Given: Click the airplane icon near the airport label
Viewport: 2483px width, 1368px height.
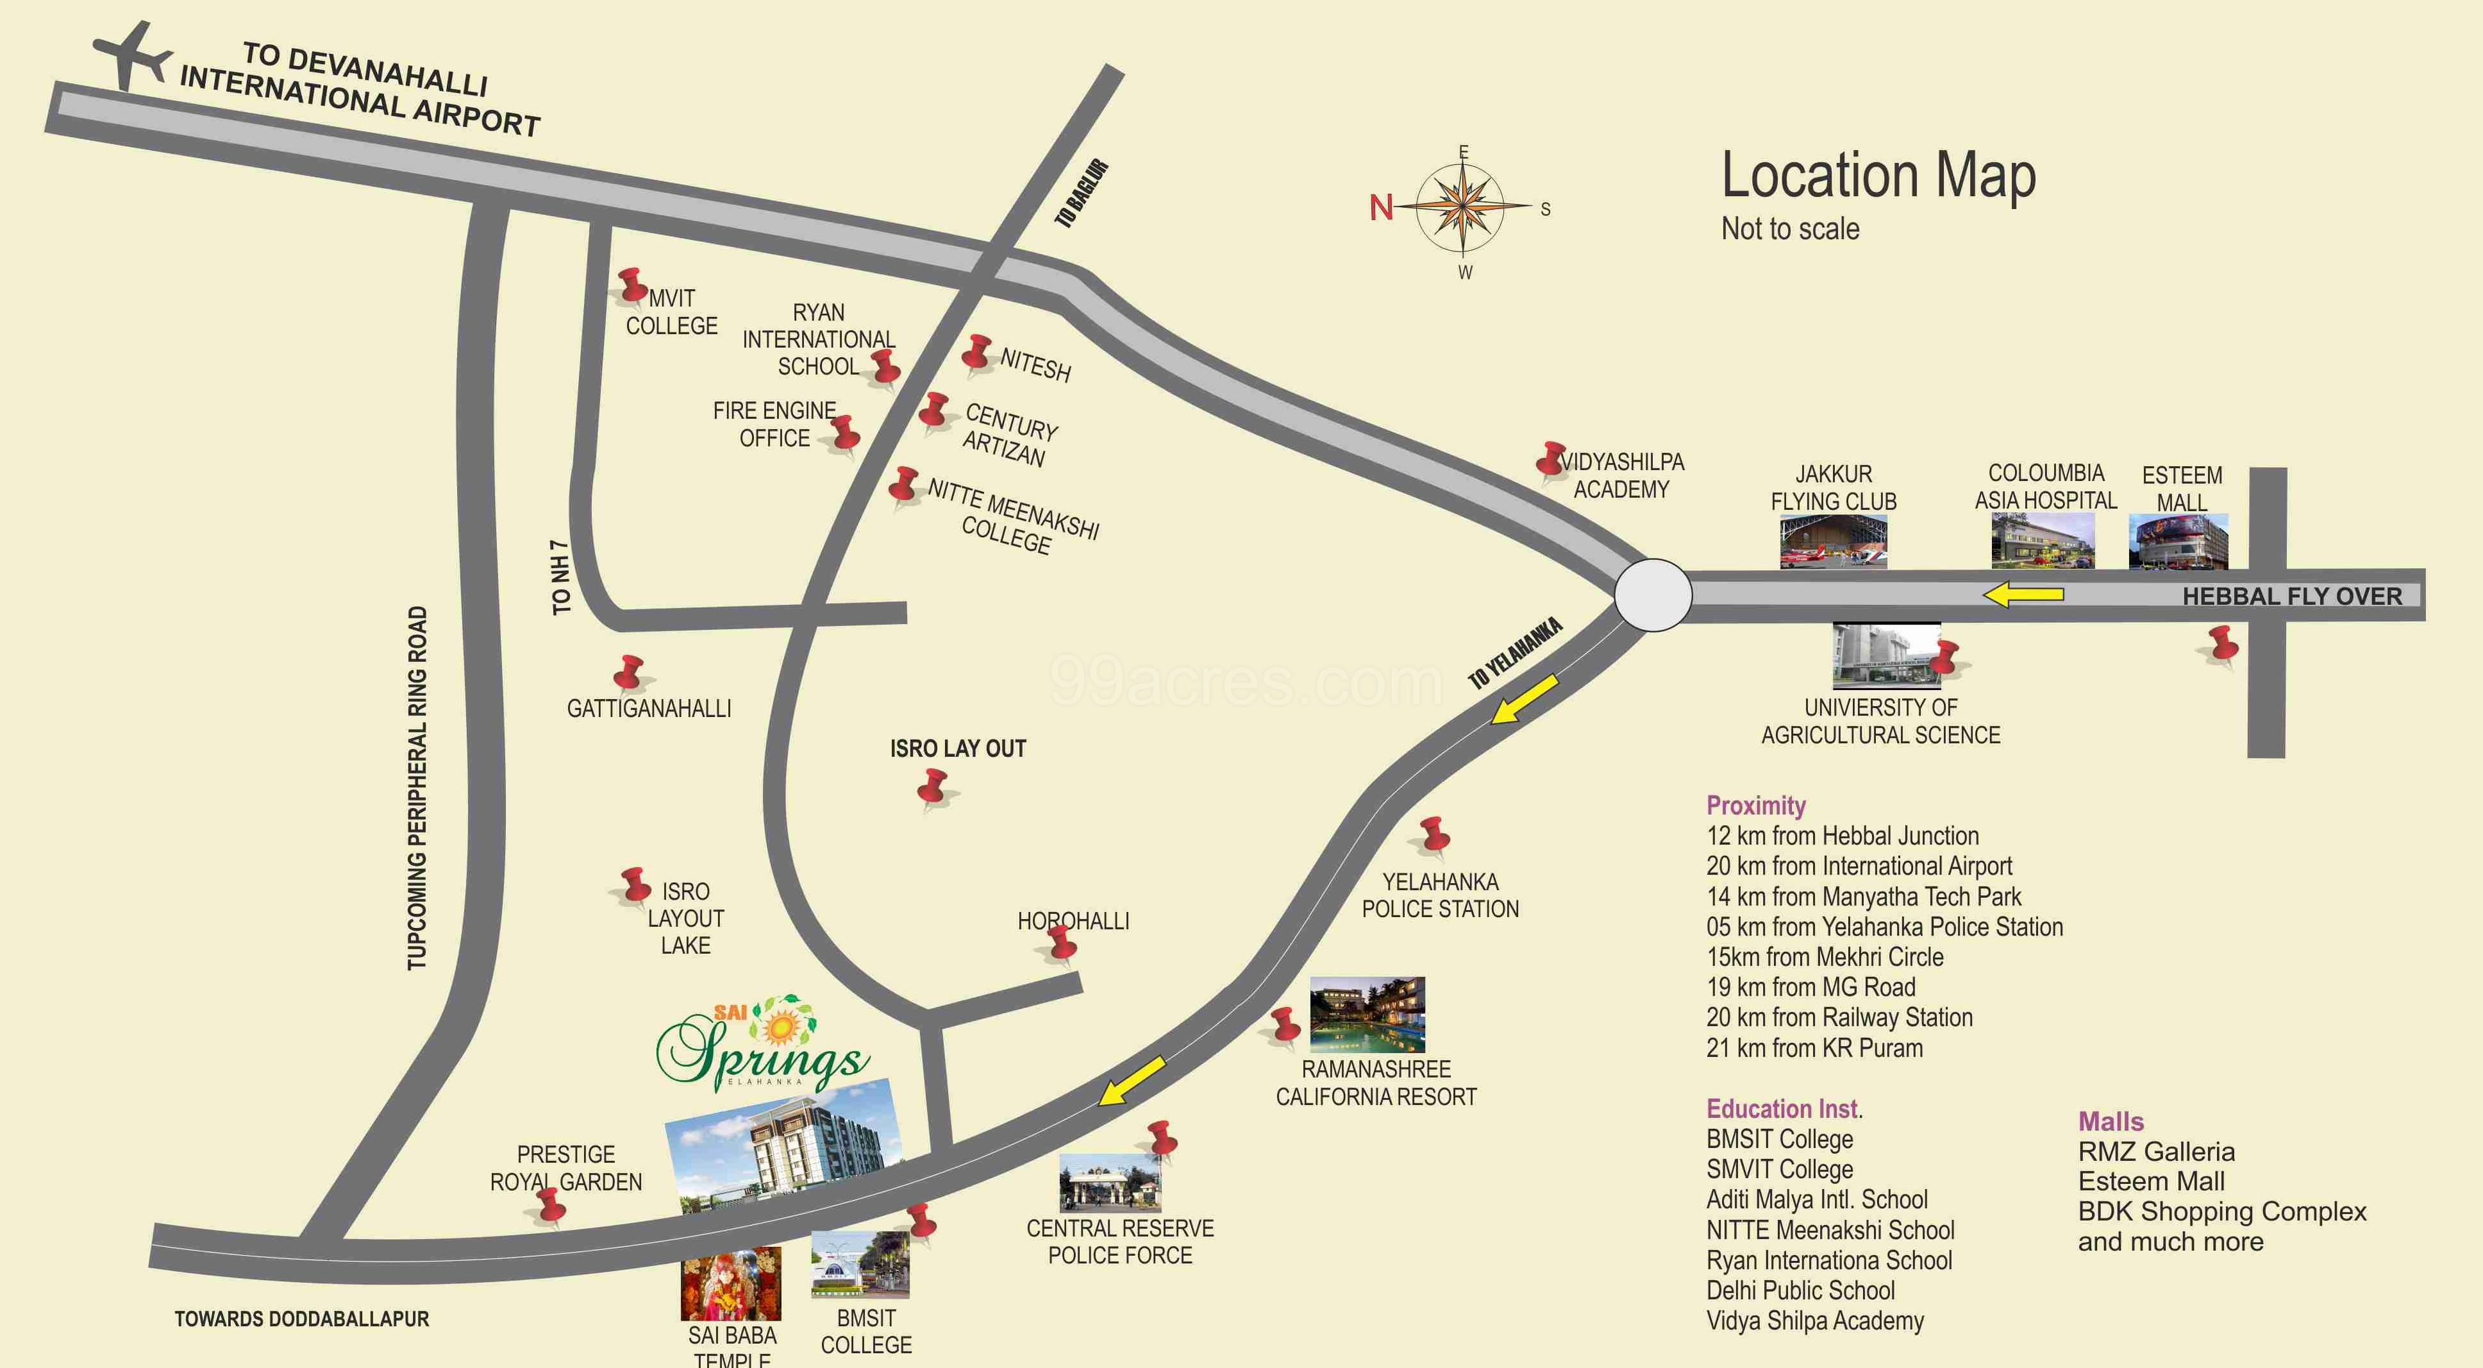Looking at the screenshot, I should click(x=132, y=55).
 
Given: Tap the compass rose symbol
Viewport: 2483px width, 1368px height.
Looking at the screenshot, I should click(x=1463, y=207).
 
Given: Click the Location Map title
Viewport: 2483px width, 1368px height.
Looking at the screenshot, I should click(x=1878, y=176).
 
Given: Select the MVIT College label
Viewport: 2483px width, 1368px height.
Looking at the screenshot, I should click(x=672, y=312).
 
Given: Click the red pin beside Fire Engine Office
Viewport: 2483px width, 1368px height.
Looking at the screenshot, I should click(x=846, y=433).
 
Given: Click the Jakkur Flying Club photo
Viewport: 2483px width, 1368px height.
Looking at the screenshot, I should click(x=1832, y=542).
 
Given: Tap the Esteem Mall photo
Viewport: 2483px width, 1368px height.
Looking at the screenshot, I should click(x=2177, y=542).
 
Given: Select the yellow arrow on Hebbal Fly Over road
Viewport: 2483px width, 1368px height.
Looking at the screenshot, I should click(x=2023, y=595).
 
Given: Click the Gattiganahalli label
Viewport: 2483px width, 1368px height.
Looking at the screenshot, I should click(x=649, y=709).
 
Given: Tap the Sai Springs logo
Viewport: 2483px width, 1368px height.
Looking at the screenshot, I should click(x=762, y=1045).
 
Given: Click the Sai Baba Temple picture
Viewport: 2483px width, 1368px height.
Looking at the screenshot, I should click(x=731, y=1284).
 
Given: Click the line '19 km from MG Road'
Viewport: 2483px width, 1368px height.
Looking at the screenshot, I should click(x=1810, y=987).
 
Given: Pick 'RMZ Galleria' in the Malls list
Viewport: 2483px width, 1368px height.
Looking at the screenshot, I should click(x=2155, y=1151).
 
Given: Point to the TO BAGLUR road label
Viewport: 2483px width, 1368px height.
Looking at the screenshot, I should click(x=1082, y=194).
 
